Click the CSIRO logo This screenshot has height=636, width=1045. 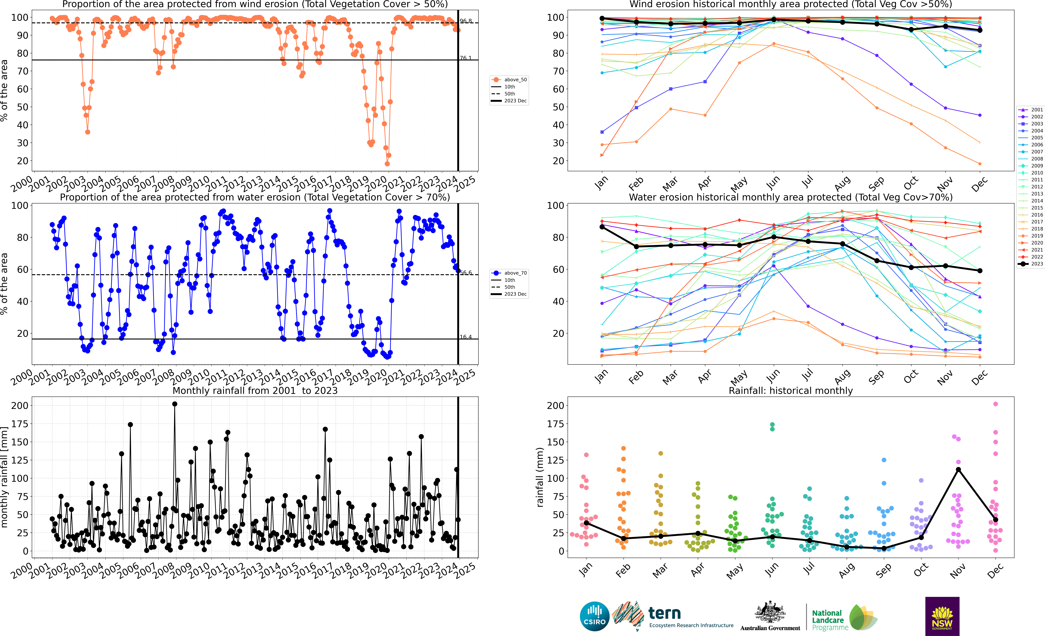pos(595,616)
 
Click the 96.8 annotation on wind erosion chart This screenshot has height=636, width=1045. pos(466,21)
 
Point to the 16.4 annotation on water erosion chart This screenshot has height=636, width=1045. pos(466,337)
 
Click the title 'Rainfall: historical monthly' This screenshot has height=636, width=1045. pos(791,391)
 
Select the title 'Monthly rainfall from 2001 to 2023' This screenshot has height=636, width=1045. pos(255,391)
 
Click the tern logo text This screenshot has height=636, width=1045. pos(665,613)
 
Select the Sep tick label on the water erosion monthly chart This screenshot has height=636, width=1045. pos(876,376)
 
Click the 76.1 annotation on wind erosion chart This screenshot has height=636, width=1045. pos(466,58)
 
